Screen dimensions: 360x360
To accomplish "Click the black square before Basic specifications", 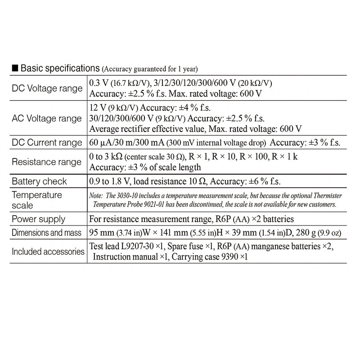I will [x=15, y=68].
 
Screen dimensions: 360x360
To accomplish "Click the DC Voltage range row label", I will [x=47, y=88].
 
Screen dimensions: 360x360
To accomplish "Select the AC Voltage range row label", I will [x=47, y=119].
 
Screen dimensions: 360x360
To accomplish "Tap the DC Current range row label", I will [x=47, y=143].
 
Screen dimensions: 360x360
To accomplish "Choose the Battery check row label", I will [x=39, y=181].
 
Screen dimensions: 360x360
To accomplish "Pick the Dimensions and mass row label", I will [x=47, y=233].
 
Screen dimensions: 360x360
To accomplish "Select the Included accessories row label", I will [x=48, y=251].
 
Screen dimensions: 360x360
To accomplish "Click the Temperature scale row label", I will [x=37, y=200].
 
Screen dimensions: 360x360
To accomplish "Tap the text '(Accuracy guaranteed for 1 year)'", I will [x=150, y=69].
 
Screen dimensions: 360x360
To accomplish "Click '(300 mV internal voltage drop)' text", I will [x=216, y=143].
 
